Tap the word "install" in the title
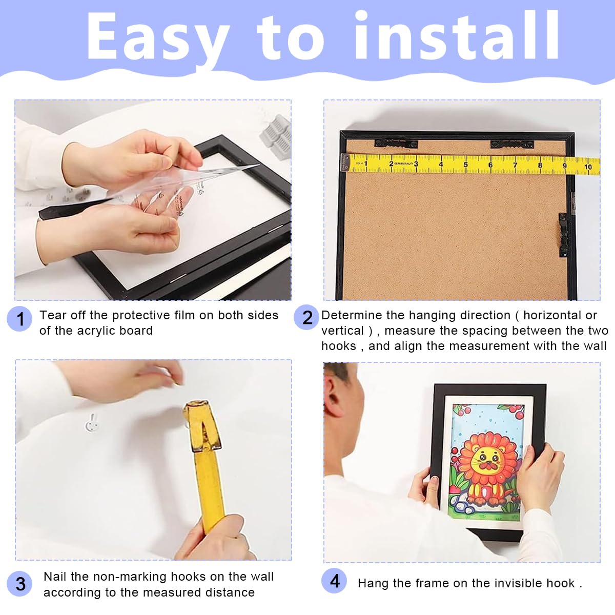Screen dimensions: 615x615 tap(457, 35)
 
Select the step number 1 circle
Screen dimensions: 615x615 tap(20, 319)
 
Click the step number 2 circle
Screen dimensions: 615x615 tap(306, 317)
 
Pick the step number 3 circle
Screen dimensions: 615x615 tap(20, 584)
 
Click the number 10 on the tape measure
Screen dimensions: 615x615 tap(588, 167)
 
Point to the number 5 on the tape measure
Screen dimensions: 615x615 tap(465, 165)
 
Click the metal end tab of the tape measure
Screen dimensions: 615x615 tap(345, 162)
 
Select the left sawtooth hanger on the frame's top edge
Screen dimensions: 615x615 tap(396, 143)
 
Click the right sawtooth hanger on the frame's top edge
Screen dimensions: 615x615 tap(512, 145)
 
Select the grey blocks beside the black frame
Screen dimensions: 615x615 tap(276, 136)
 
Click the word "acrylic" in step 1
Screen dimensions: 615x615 tap(98, 331)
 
